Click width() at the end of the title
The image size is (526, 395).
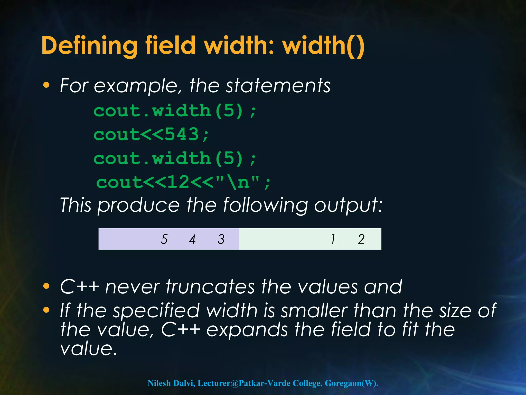323,46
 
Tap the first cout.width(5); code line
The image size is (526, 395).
175,111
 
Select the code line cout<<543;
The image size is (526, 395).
151,134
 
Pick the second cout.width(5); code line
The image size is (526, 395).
175,158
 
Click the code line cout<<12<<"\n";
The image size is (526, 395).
183,182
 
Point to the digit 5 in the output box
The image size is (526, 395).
164,239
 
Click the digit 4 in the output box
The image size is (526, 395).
192,239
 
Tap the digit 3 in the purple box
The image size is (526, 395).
221,239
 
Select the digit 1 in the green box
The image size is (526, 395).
333,239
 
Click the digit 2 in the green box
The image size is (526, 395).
361,239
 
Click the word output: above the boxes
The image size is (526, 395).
348,205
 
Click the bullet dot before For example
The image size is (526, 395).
46,85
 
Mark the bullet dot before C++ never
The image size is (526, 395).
46,286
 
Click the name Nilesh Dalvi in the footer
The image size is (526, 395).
171,383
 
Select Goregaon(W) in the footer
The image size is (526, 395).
351,383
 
